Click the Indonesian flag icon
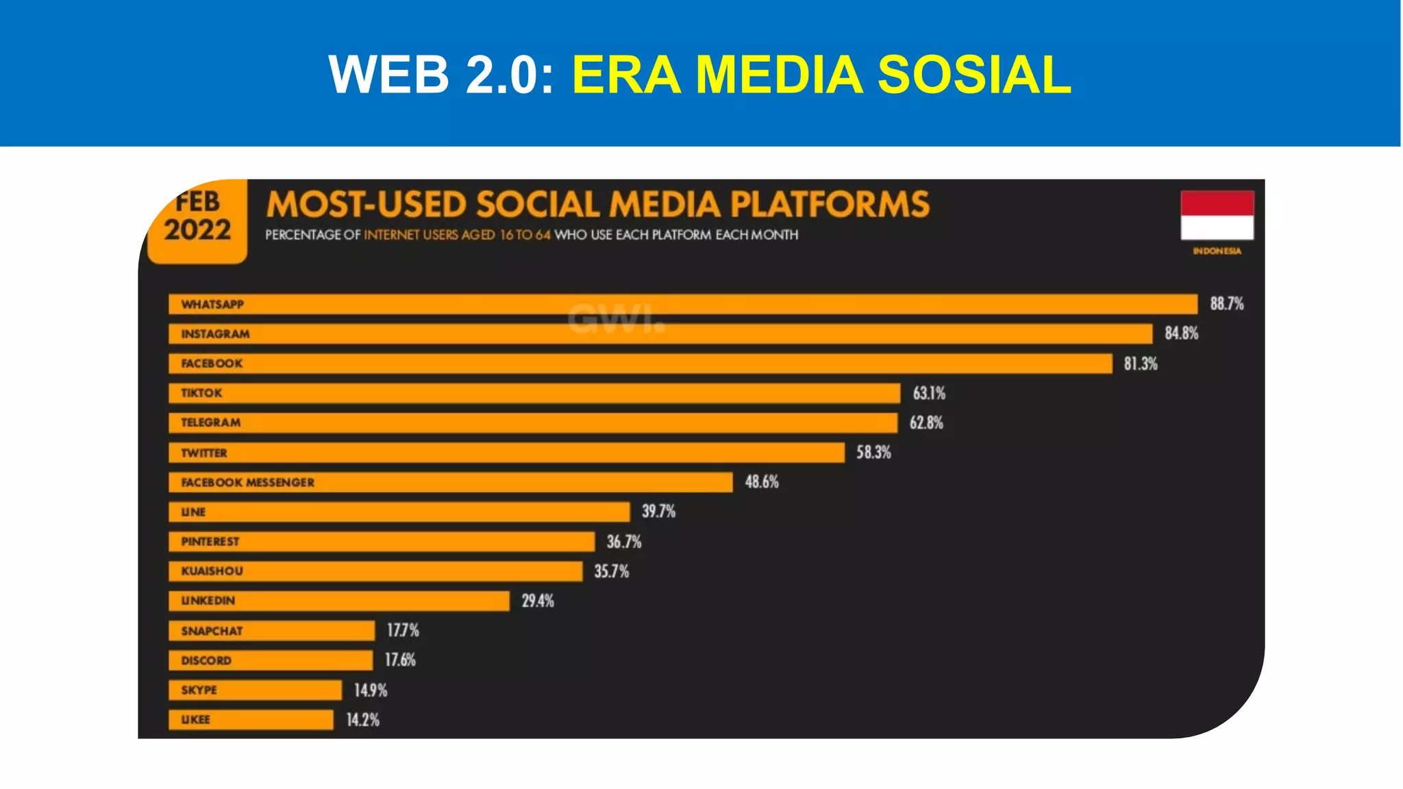coord(1217,215)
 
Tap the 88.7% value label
coord(1226,303)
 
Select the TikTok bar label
coord(201,393)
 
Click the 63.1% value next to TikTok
coord(928,393)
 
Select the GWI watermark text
coord(616,318)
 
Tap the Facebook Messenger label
coord(247,482)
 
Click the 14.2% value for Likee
coord(362,720)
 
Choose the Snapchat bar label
coord(212,631)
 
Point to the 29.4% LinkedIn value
coord(537,601)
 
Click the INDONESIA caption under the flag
coord(1217,251)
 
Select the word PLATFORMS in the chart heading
coord(829,204)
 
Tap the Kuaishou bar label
coord(212,571)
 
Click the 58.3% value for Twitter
coord(873,452)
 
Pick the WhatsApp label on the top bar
coord(212,304)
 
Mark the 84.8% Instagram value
coord(1181,334)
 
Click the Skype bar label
coord(199,690)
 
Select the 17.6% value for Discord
coord(400,660)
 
